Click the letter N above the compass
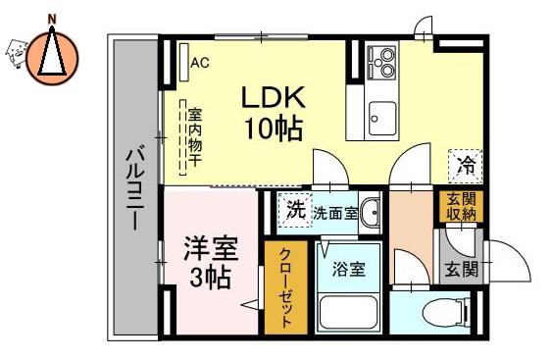click(52, 20)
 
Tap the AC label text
click(200, 63)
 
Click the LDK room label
click(273, 97)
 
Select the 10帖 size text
click(274, 129)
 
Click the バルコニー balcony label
click(135, 190)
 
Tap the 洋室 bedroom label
click(211, 249)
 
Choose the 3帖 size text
click(210, 278)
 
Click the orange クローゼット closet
click(286, 287)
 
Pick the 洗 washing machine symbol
click(295, 210)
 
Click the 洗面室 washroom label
click(335, 213)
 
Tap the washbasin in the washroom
click(371, 213)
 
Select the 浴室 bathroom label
click(348, 270)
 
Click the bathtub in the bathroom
click(349, 313)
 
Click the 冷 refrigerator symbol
click(466, 166)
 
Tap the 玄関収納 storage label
click(461, 207)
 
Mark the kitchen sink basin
click(382, 118)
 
